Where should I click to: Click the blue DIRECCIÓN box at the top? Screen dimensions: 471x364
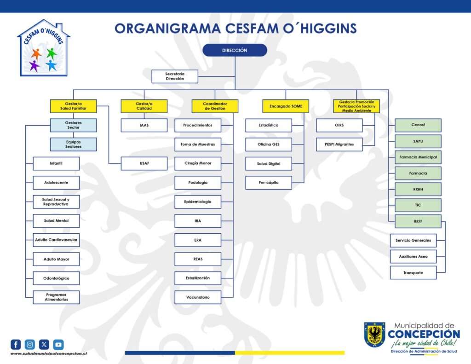click(235, 50)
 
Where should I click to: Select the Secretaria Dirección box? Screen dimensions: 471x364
click(175, 76)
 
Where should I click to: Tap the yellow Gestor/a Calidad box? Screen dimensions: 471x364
click(144, 106)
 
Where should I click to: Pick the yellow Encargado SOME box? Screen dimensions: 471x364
click(286, 106)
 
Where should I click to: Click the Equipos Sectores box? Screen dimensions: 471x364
click(73, 144)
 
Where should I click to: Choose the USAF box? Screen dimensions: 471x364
click(144, 163)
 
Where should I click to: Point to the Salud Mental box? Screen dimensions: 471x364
click(56, 221)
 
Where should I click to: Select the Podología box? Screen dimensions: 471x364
click(198, 183)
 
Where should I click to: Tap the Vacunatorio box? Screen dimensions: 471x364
click(198, 297)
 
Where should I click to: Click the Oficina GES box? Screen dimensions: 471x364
click(269, 144)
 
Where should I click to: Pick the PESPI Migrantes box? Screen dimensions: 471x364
click(339, 144)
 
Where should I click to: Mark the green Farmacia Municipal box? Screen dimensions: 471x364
click(418, 157)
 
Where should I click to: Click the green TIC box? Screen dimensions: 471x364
click(418, 205)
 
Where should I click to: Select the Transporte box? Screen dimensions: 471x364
click(414, 272)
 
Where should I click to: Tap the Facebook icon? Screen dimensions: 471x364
click(16, 345)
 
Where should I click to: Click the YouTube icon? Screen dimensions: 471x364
click(58, 345)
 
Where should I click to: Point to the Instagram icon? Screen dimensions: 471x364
click(30, 345)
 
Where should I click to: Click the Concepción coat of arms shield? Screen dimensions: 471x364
click(374, 335)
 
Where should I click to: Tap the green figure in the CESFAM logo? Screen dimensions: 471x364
click(52, 53)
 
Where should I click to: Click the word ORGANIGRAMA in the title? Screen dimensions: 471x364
click(167, 29)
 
